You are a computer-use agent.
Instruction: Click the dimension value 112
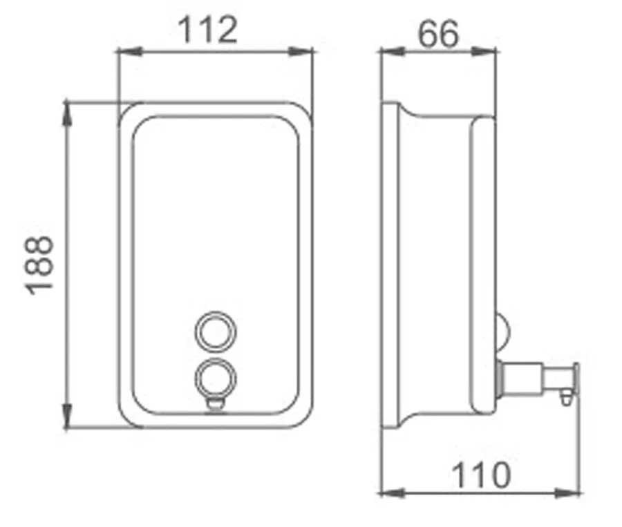pos(208,30)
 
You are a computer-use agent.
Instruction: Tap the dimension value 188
pos(39,265)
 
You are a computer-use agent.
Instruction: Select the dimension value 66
pos(438,34)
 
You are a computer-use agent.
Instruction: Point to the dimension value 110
pos(481,475)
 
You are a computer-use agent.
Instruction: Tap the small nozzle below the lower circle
pos(216,404)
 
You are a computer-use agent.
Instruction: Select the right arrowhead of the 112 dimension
pos(301,52)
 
